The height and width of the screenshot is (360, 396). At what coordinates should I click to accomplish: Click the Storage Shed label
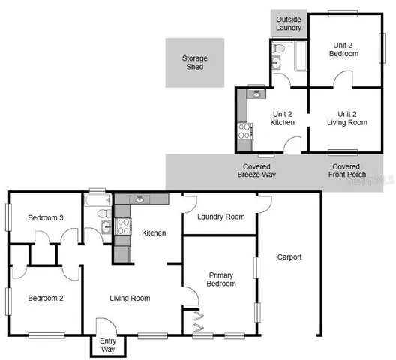click(x=194, y=62)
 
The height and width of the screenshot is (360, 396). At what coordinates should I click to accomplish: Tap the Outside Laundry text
click(x=289, y=23)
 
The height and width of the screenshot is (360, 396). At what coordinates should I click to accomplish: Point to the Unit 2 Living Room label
click(x=346, y=118)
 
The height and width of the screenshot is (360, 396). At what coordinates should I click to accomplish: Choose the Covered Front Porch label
click(x=346, y=170)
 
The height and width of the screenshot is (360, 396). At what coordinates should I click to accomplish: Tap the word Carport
click(x=289, y=256)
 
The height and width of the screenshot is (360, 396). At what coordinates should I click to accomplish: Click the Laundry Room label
click(x=220, y=217)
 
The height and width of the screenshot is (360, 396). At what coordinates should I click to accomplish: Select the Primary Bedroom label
click(x=221, y=278)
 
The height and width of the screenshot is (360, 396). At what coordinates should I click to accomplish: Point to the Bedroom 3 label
click(x=45, y=218)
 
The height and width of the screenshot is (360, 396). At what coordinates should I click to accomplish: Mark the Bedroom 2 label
click(x=45, y=298)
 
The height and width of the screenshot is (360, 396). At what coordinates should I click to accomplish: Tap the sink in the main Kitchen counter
click(x=139, y=199)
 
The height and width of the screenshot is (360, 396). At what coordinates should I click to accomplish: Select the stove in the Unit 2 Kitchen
click(x=244, y=132)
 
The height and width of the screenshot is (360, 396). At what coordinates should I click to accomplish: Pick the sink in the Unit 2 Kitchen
click(x=256, y=94)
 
